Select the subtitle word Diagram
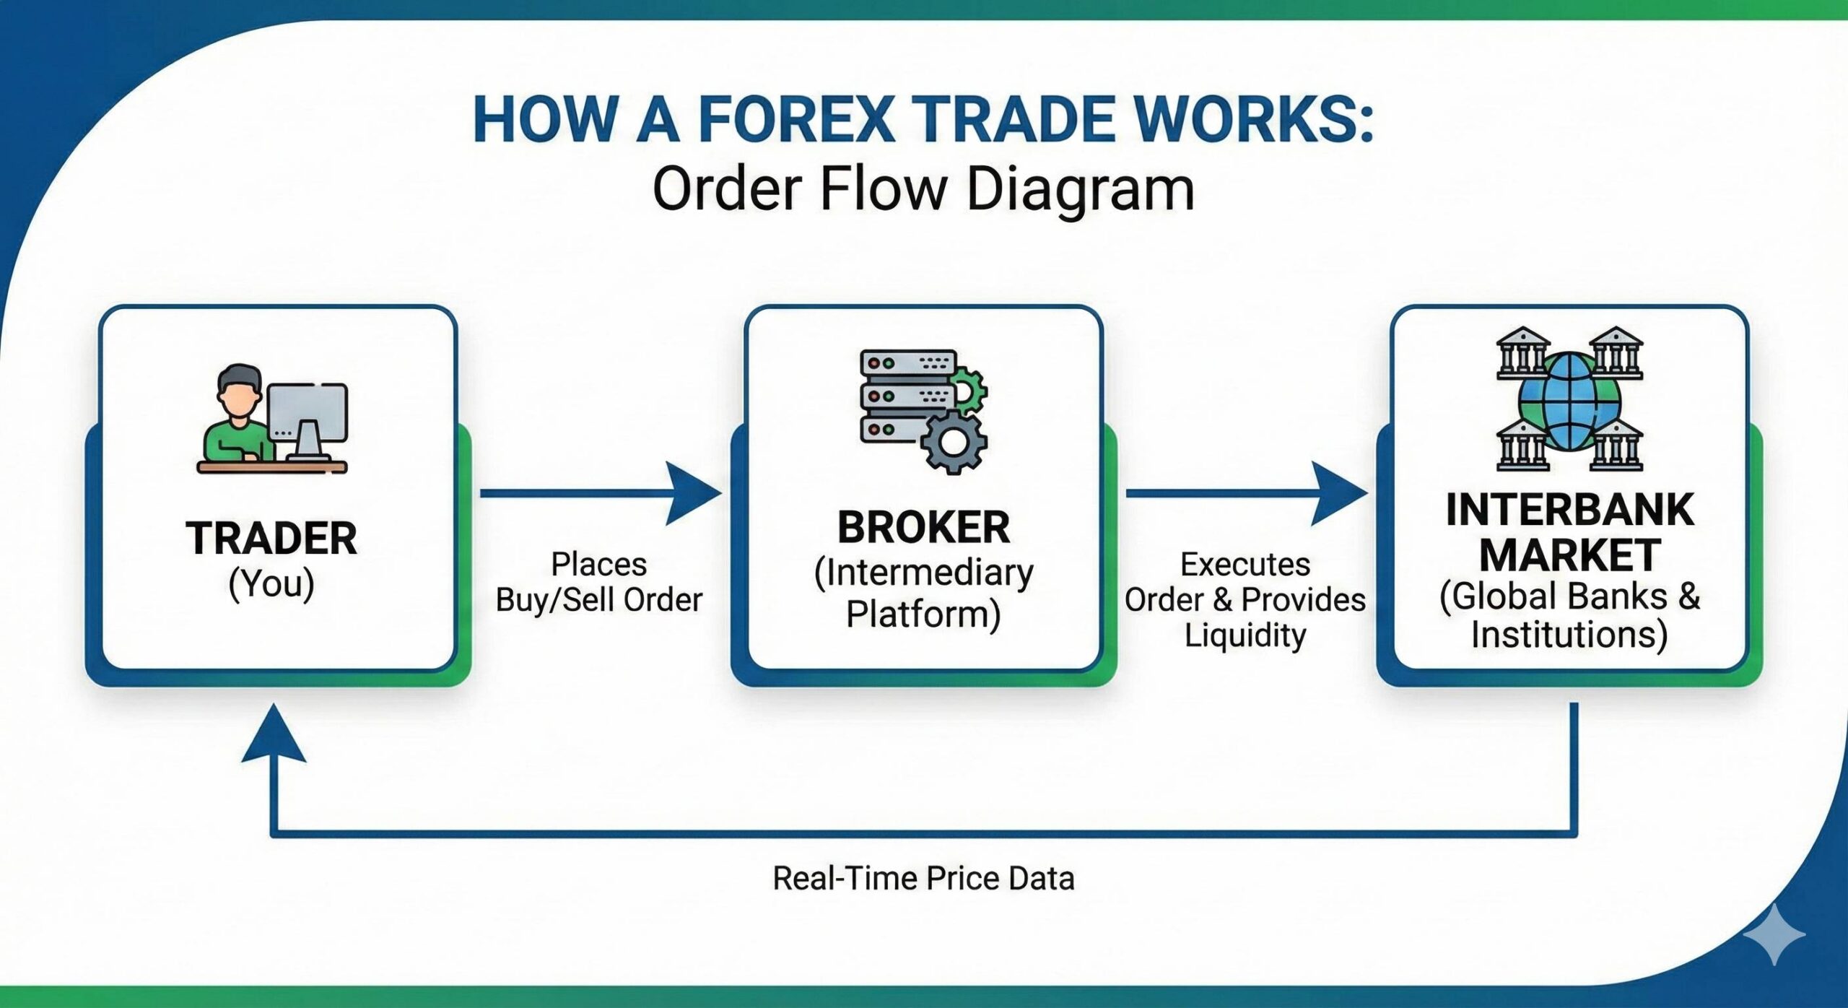point(1080,189)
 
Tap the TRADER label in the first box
point(271,539)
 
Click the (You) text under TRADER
point(271,583)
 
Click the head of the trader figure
point(239,390)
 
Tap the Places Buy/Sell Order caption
point(598,582)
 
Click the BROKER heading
point(923,527)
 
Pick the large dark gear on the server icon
point(953,442)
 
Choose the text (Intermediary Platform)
point(923,594)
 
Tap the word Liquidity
point(1245,635)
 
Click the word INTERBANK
point(1569,510)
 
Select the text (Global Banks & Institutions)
point(1569,615)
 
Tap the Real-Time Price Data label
point(923,879)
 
